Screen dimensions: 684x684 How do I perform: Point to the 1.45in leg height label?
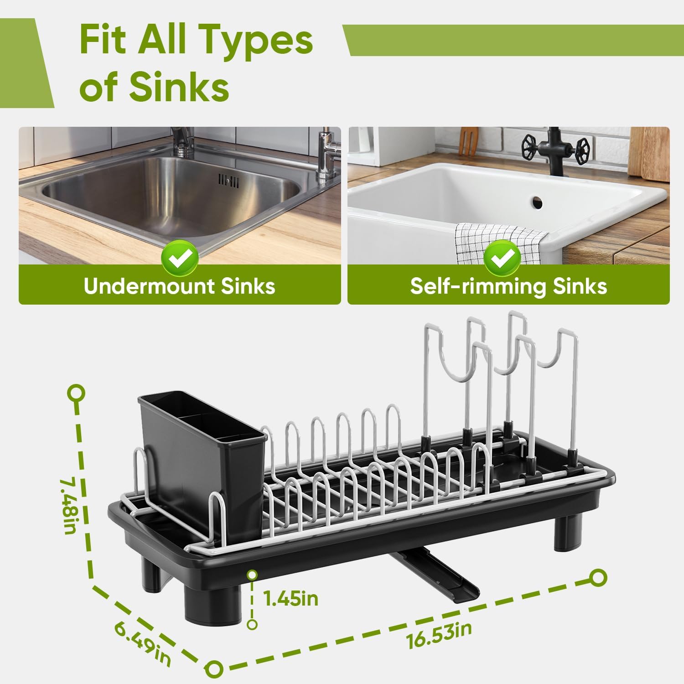[291, 598]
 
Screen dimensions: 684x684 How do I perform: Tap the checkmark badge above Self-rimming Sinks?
[502, 259]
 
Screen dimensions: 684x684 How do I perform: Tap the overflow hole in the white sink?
[537, 201]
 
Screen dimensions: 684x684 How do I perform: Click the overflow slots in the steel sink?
[228, 181]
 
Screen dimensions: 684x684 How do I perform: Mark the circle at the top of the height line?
[77, 393]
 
